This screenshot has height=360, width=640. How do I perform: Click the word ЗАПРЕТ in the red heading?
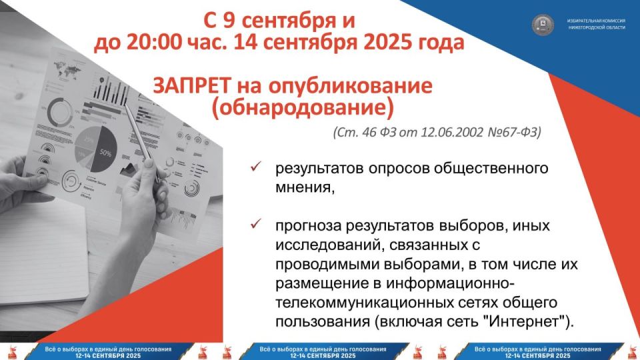click(x=191, y=86)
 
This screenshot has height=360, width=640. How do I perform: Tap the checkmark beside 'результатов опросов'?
click(x=256, y=166)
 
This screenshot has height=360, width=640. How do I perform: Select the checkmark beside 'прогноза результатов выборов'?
click(x=256, y=224)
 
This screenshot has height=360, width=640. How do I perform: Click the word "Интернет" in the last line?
click(x=526, y=322)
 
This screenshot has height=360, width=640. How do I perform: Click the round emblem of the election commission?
click(x=543, y=24)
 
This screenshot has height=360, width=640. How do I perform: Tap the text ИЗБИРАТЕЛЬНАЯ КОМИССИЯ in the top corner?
click(x=596, y=21)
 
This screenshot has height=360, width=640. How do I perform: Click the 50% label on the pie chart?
click(x=105, y=153)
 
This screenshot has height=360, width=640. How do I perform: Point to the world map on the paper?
click(x=67, y=69)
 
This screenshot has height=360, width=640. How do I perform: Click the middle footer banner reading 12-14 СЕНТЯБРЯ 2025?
click(x=323, y=355)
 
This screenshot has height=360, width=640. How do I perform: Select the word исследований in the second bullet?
click(x=329, y=245)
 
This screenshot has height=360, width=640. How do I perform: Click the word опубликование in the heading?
click(x=351, y=87)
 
